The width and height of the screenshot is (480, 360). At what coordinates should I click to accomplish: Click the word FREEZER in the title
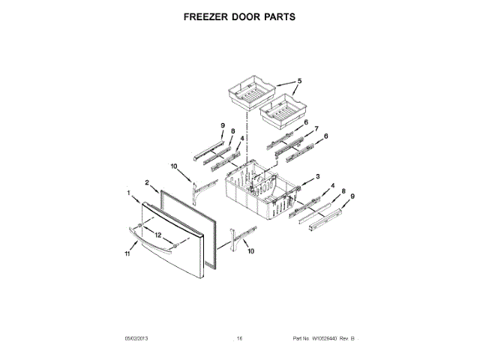204,16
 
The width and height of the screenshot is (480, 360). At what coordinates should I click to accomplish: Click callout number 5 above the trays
298,81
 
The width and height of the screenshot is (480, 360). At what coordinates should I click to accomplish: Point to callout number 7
316,128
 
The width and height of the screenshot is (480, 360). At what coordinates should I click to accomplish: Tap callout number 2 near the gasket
147,181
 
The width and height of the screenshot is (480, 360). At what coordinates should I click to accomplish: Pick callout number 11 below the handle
127,254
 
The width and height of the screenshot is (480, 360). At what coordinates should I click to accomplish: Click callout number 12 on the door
157,234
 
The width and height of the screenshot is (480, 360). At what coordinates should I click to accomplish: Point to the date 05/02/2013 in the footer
137,339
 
